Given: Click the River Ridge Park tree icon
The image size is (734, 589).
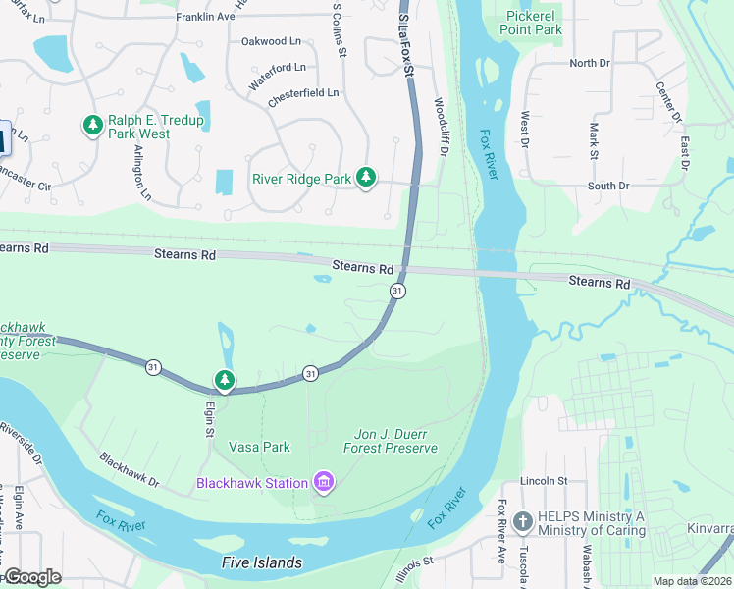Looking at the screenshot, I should (366, 178).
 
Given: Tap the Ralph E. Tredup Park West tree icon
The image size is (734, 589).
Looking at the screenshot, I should (93, 126).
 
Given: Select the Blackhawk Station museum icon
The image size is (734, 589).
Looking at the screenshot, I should (323, 482).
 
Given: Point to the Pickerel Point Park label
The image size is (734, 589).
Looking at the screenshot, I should (535, 23).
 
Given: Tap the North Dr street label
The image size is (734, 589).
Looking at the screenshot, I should (589, 63).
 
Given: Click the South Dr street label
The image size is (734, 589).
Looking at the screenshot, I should (608, 186).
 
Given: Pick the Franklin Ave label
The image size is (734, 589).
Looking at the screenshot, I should (205, 18).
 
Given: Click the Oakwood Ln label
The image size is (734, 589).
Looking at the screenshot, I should (271, 41).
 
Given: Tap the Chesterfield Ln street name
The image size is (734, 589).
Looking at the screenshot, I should (303, 93).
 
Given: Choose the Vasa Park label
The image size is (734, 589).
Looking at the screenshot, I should (259, 447).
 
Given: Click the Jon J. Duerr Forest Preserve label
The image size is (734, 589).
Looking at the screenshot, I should (390, 441).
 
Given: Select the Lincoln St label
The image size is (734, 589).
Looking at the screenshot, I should (545, 481).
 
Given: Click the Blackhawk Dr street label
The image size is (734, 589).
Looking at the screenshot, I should (129, 469).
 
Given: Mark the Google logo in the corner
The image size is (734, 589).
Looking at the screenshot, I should (31, 577).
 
